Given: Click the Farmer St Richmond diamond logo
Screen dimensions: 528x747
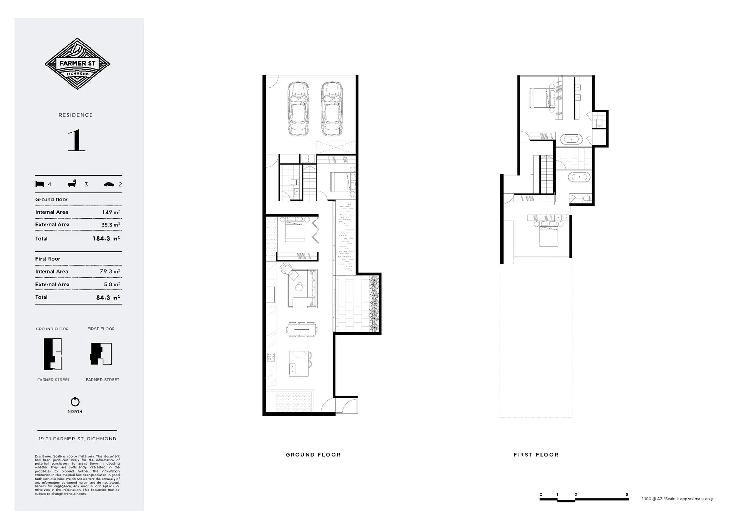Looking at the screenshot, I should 77,64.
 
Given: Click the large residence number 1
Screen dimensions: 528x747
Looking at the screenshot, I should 76,140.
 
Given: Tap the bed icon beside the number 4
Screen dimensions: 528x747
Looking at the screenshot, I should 40,184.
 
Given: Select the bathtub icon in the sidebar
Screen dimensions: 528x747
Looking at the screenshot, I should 72,184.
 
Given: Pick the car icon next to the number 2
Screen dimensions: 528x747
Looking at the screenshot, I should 109,184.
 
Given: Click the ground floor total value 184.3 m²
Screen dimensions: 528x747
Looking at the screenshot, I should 106,239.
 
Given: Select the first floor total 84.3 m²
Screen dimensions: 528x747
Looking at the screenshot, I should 108,297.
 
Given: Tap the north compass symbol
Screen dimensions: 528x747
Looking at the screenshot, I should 75,402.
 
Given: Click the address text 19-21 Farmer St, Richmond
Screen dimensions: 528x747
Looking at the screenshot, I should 77,439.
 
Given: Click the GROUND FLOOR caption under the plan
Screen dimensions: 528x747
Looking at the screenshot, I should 313,455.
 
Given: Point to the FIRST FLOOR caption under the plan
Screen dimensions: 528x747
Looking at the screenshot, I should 536,455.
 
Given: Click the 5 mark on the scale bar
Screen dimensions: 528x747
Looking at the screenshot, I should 627,494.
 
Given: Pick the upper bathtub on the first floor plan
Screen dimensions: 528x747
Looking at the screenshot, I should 571,140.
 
